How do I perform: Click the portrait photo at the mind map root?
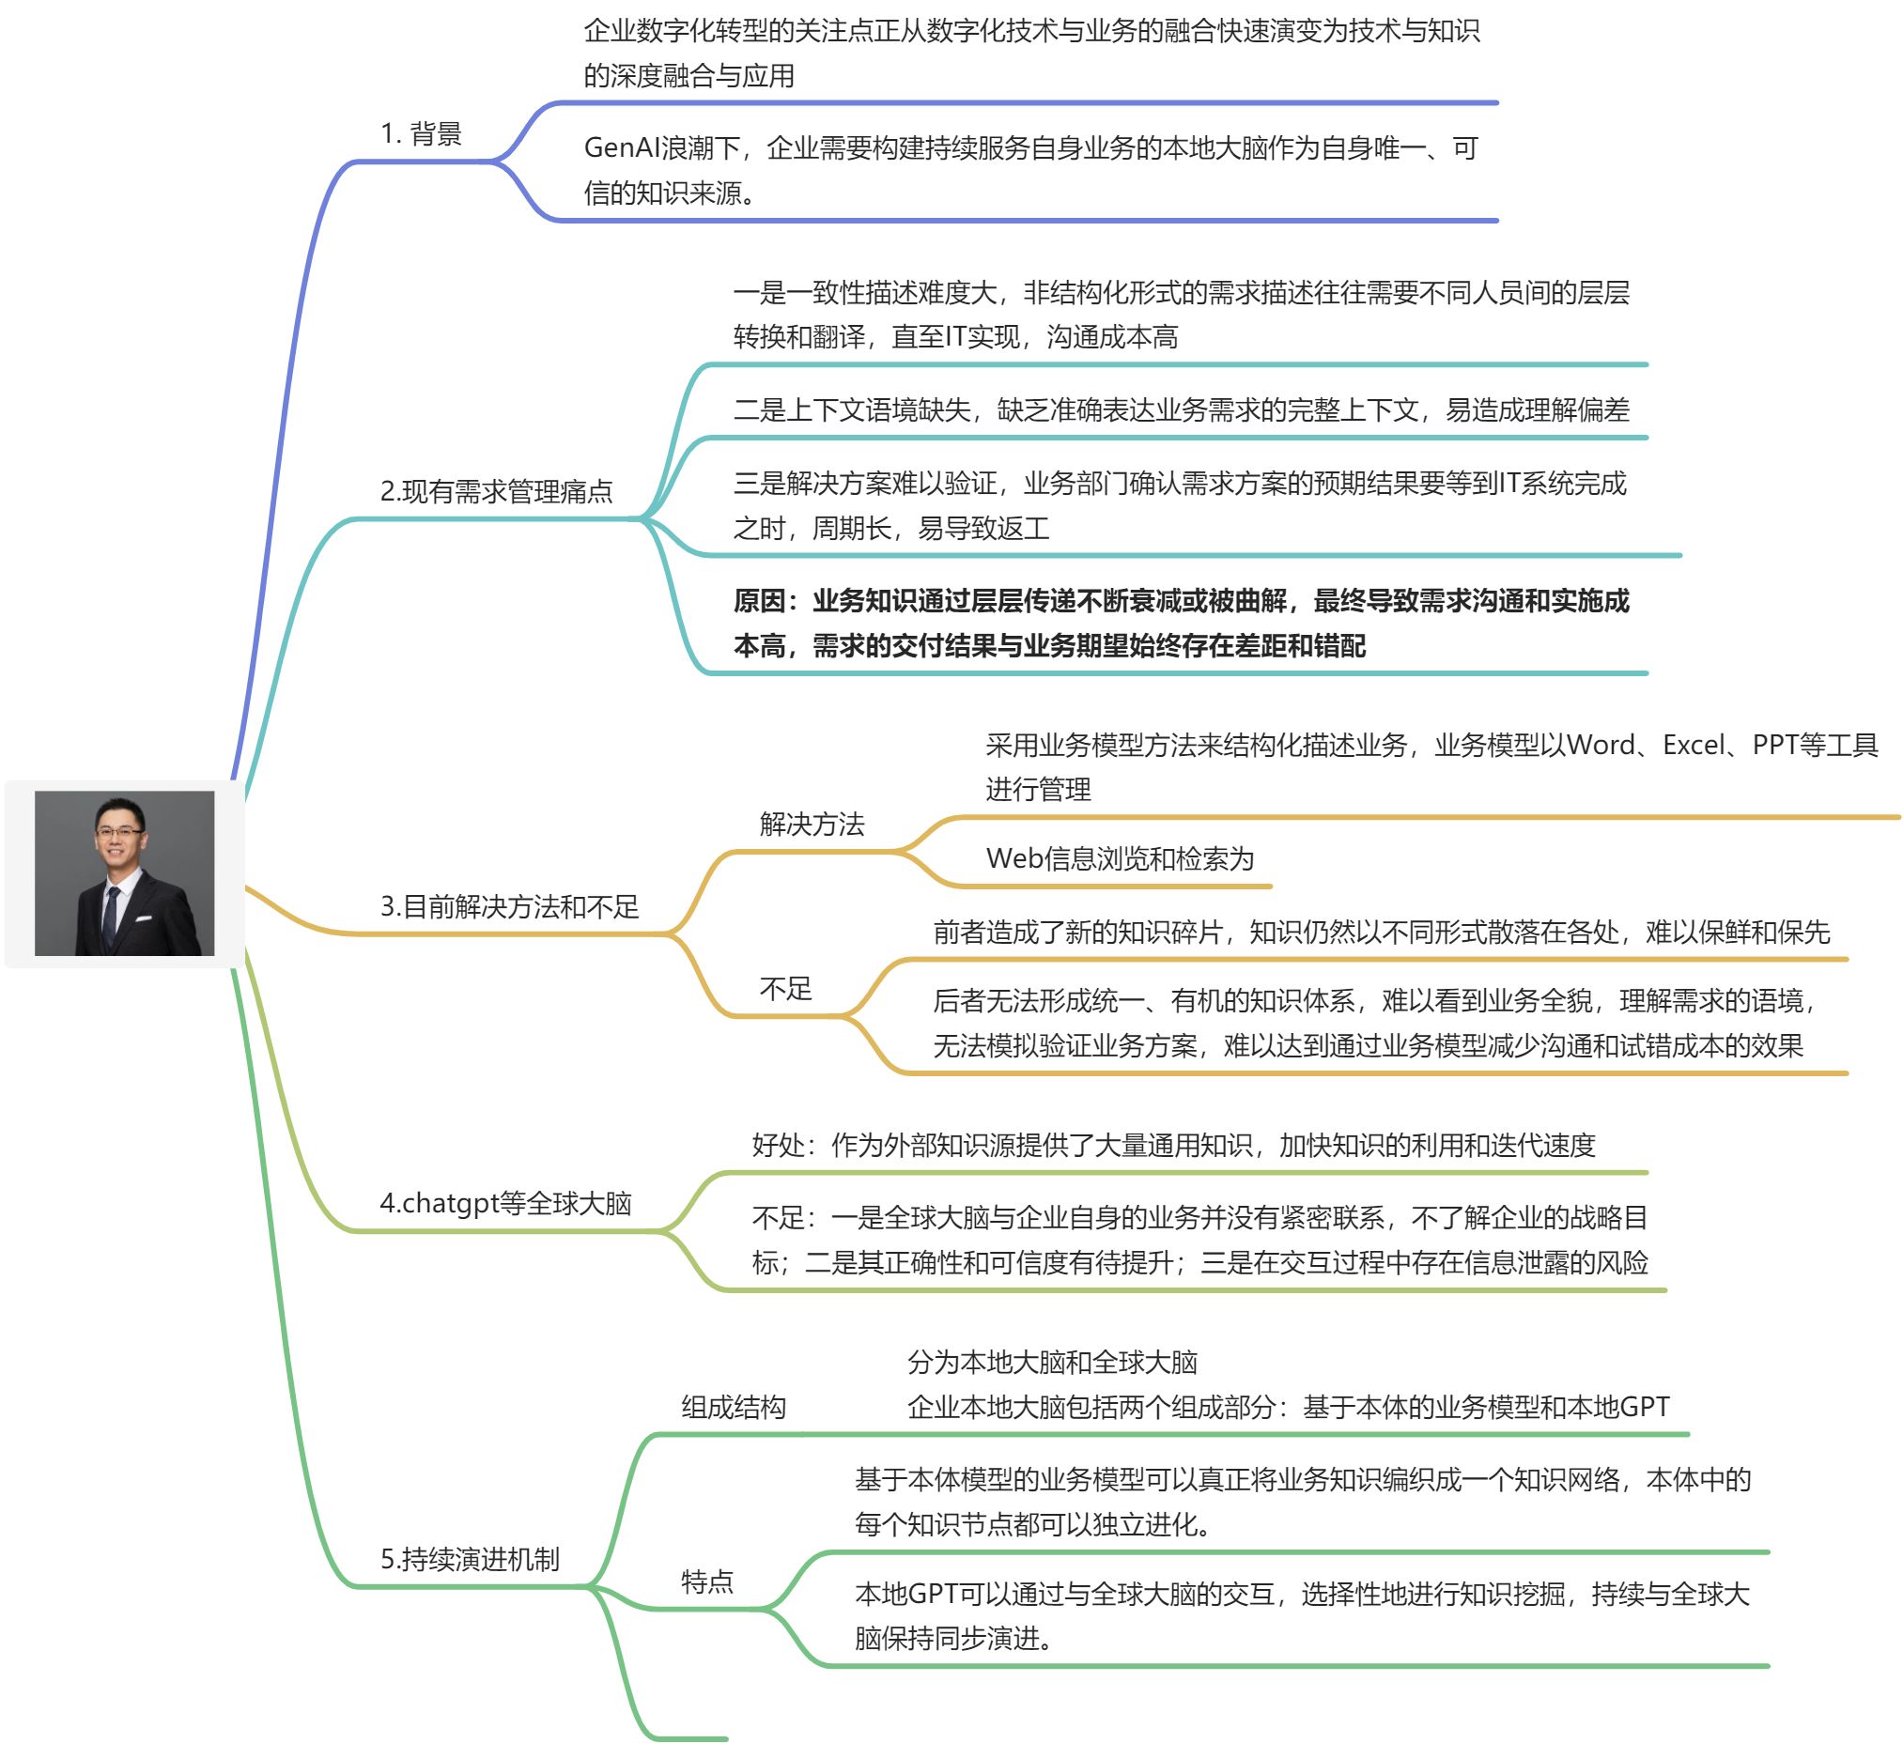click(x=124, y=873)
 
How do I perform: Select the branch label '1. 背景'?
click(x=421, y=134)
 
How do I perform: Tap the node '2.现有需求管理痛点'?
click(x=497, y=491)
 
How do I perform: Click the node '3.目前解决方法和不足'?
click(x=510, y=906)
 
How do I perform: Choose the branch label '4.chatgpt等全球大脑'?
click(x=505, y=1203)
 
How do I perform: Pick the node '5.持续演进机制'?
click(x=470, y=1559)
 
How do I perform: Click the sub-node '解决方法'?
click(x=812, y=824)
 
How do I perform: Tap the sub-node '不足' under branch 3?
click(x=785, y=988)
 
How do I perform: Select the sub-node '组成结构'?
click(x=734, y=1407)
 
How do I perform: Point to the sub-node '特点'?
click(x=707, y=1581)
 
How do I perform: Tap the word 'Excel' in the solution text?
click(x=1694, y=745)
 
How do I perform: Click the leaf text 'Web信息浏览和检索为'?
click(x=1120, y=857)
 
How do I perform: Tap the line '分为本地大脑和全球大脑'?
click(x=1052, y=1362)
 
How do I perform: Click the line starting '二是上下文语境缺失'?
click(x=1181, y=409)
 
